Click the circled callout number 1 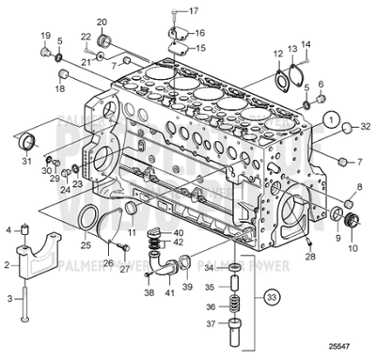pyautogui.click(x=332, y=118)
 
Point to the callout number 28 pyautogui.click(x=310, y=256)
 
